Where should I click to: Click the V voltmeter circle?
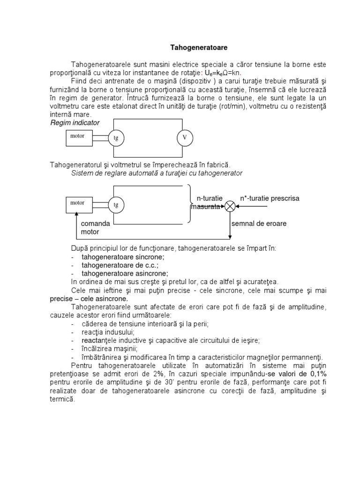click(185, 137)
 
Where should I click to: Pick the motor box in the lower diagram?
click(79, 203)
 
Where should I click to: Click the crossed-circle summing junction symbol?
click(230, 207)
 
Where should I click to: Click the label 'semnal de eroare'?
click(259, 224)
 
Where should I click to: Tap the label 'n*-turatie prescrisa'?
click(270, 198)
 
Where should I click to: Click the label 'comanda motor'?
click(95, 228)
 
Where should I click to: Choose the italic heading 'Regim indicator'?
click(75, 122)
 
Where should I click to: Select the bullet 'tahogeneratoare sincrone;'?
click(123, 257)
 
